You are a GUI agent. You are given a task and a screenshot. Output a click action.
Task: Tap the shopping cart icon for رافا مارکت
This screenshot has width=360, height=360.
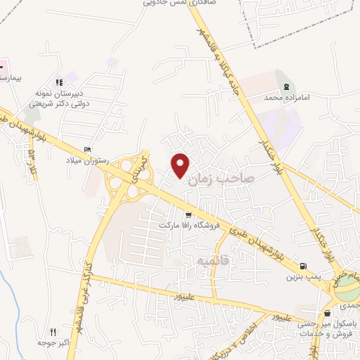pos(188,215)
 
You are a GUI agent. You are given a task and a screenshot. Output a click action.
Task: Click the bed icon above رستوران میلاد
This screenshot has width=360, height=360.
pos(87,150)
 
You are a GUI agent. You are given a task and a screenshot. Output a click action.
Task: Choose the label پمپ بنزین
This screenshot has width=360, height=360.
pos(302,277)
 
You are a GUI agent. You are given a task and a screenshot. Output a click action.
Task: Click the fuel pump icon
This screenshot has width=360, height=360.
pos(302,266)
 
